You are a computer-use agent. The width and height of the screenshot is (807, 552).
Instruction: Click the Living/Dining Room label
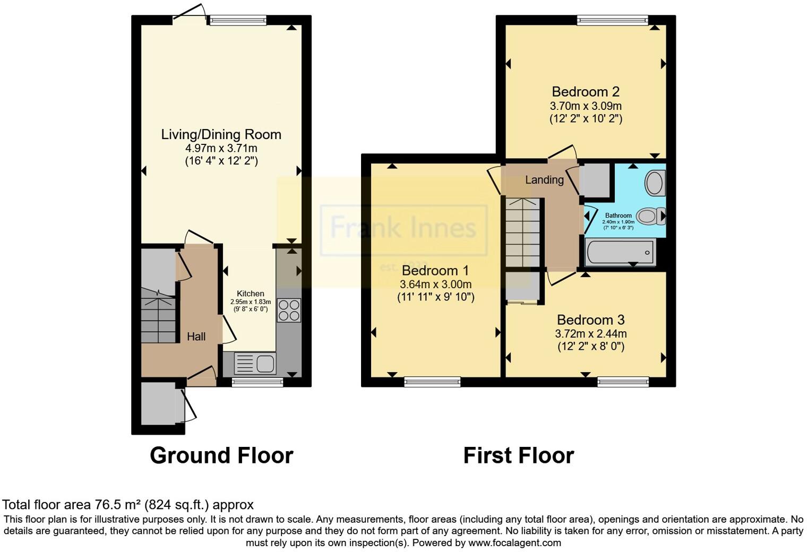point(221,134)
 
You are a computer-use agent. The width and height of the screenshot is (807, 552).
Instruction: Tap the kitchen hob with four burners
point(289,310)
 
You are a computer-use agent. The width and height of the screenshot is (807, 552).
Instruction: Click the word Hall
point(196,337)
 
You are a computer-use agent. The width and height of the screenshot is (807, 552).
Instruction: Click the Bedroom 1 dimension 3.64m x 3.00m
point(435,284)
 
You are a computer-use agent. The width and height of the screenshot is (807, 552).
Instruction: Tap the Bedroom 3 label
point(590,320)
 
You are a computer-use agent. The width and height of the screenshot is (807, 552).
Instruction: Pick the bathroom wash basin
point(655,183)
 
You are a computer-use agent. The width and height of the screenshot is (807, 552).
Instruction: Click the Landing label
point(544,180)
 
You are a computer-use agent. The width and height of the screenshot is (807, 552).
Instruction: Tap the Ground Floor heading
point(221,455)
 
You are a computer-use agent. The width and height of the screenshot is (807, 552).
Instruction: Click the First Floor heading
point(518,455)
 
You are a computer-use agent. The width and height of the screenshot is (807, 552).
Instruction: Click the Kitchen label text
point(250,294)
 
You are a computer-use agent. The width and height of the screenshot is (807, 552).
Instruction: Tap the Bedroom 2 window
point(613,20)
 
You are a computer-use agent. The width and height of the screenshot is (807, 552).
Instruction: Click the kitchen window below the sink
point(257,381)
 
